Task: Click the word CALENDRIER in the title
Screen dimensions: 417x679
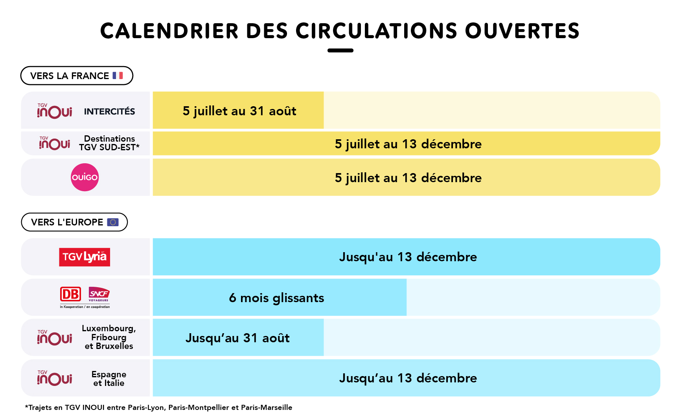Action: [x=169, y=31]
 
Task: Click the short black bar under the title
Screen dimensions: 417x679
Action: [x=340, y=50]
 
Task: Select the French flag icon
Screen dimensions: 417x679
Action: [x=118, y=76]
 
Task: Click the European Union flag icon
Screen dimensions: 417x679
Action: [x=113, y=222]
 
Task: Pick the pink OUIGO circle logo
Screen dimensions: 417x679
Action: [x=85, y=177]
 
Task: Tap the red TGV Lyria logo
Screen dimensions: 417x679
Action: [x=85, y=257]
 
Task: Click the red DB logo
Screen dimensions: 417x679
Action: [x=70, y=294]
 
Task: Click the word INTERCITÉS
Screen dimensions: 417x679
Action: [x=109, y=112]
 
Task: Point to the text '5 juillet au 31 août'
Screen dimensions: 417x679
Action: [x=239, y=111]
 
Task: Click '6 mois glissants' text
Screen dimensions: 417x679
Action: [x=276, y=298]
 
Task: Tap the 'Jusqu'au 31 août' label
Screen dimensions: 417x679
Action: [x=237, y=338]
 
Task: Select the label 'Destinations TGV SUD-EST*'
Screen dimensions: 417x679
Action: [x=109, y=143]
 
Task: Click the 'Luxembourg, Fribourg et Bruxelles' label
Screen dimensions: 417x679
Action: [x=109, y=337]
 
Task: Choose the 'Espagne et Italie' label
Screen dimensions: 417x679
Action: [x=109, y=378]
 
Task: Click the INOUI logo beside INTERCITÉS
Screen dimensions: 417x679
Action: [x=55, y=111]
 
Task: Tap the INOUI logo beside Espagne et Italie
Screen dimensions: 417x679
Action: [x=55, y=378]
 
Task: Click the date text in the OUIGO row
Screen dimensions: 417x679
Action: [x=408, y=178]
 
